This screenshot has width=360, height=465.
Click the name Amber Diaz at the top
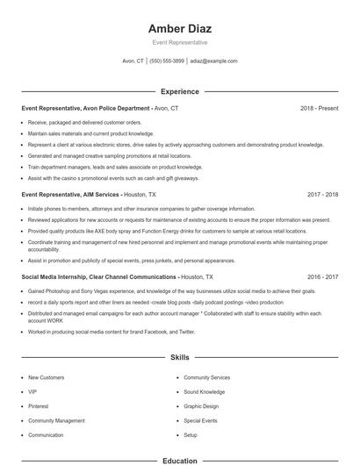tap(180, 28)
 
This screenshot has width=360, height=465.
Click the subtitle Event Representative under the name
tap(180, 42)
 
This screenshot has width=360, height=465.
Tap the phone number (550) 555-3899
tap(167, 61)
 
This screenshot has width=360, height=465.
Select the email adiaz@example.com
tap(213, 61)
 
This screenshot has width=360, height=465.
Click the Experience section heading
tap(180, 91)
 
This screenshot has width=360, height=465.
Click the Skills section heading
tap(180, 358)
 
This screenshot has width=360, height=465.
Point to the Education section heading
tap(180, 461)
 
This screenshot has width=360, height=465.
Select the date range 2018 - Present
tap(319, 108)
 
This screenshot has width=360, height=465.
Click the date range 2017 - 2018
tap(322, 195)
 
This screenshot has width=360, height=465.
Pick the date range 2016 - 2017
tap(322, 275)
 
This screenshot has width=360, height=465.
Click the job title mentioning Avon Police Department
tap(86, 108)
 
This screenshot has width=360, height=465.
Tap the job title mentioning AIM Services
tap(75, 195)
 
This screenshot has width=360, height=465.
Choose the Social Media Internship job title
tap(98, 275)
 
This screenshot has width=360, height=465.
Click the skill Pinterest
tap(39, 406)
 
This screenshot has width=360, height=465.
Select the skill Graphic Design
tap(201, 406)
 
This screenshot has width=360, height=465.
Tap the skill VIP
tap(32, 391)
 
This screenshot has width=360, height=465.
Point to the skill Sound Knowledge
tap(204, 391)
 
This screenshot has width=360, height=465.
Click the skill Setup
tap(191, 435)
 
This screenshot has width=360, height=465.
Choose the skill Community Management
tap(56, 420)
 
